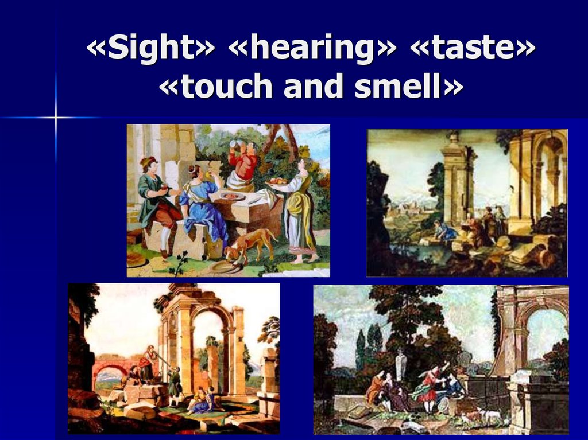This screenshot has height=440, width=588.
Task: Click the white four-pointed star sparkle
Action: click(56, 118)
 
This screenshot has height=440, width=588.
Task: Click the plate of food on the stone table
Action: click(232, 196)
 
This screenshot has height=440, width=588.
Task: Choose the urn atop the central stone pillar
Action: click(454, 137)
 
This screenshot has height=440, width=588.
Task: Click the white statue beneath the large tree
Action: click(401, 363)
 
